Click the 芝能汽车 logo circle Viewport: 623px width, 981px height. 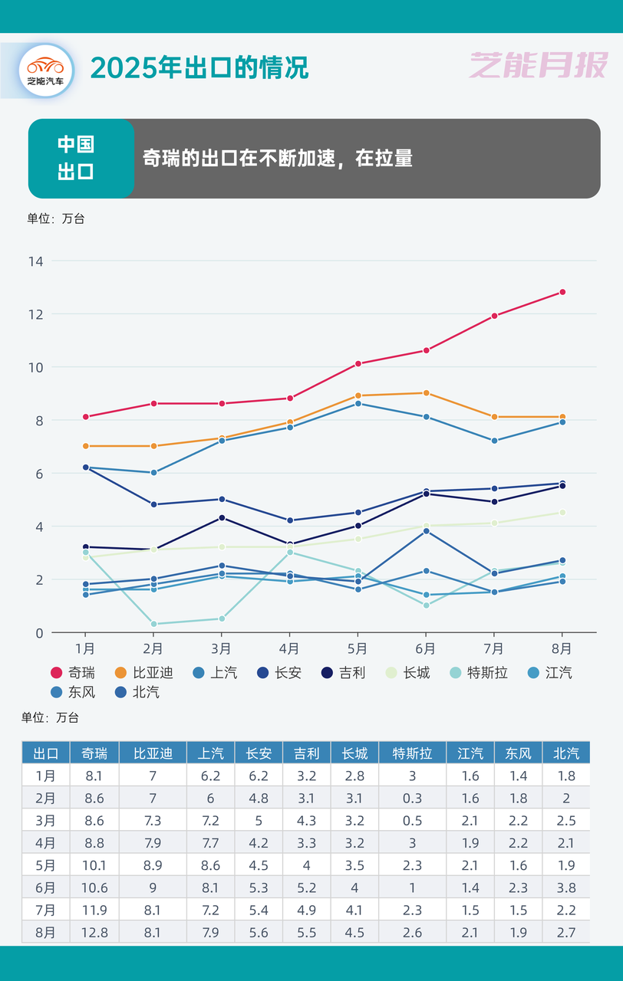(45, 70)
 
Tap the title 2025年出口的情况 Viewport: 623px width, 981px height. (199, 67)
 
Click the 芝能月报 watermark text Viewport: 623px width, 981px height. (538, 66)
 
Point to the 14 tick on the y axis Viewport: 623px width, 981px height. (35, 261)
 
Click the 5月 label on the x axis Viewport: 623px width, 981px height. (358, 649)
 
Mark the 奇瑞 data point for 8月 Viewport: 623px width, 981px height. (562, 292)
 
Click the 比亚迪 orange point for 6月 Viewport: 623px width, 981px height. (426, 393)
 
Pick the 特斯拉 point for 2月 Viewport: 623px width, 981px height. (153, 624)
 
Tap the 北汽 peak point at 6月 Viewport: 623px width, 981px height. (426, 531)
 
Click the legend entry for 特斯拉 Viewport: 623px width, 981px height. (478, 673)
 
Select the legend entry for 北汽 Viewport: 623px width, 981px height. (137, 692)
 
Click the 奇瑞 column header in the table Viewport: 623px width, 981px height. (94, 753)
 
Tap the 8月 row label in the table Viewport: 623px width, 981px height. (45, 932)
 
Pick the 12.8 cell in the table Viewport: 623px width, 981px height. (94, 932)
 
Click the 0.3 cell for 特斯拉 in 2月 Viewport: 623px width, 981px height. (412, 798)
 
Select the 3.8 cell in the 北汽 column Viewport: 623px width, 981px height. (565, 887)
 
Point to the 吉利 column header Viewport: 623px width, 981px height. (306, 753)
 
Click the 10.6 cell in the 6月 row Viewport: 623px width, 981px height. (94, 887)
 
